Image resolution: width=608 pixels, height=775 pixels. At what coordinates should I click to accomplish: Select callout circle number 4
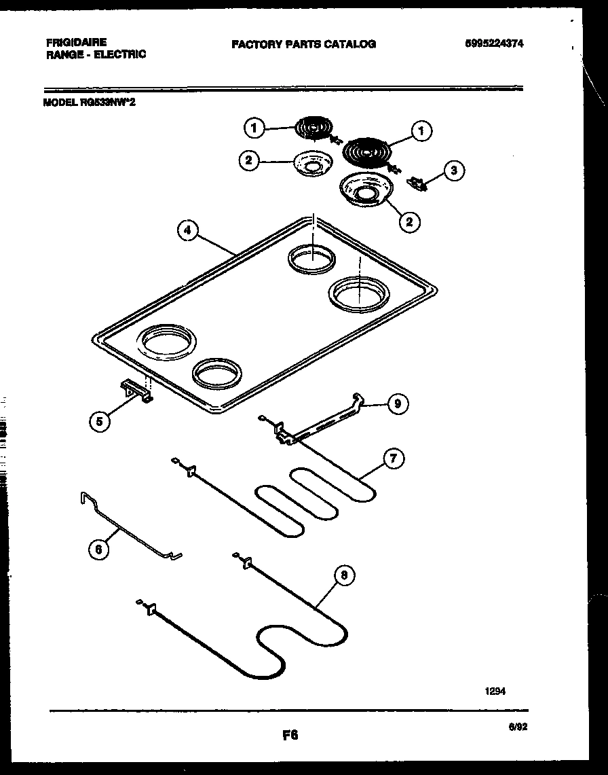coord(188,231)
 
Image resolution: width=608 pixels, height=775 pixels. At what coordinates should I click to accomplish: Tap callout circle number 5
coord(100,421)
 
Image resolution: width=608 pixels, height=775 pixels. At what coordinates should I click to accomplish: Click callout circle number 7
coord(393,458)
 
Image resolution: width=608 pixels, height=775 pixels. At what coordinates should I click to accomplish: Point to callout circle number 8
coord(345,576)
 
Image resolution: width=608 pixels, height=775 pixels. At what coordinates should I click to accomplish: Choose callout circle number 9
coord(397,404)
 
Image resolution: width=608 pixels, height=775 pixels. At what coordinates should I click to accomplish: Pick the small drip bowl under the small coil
coord(311,163)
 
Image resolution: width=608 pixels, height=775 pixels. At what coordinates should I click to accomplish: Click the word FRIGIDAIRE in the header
coord(77,42)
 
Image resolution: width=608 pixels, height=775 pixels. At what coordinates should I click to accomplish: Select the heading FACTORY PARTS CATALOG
coord(303,44)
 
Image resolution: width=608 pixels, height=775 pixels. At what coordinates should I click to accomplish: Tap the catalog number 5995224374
coord(495,43)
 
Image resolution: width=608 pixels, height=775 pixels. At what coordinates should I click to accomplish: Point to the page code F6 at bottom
coord(290,735)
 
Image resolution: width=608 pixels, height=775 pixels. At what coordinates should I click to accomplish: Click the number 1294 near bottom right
coord(494,691)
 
